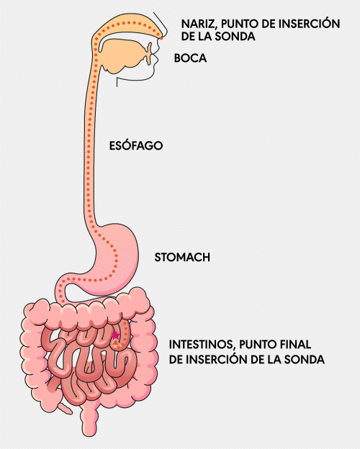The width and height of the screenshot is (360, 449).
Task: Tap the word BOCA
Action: tap(190, 58)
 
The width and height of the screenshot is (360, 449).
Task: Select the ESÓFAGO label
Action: tap(136, 145)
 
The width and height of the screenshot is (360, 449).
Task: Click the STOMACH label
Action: tap(182, 257)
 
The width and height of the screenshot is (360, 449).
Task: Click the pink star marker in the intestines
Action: tap(115, 335)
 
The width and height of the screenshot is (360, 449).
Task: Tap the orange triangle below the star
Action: tap(115, 343)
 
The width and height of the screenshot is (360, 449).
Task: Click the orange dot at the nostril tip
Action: tap(161, 38)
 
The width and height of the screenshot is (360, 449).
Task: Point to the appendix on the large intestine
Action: tap(65, 408)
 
